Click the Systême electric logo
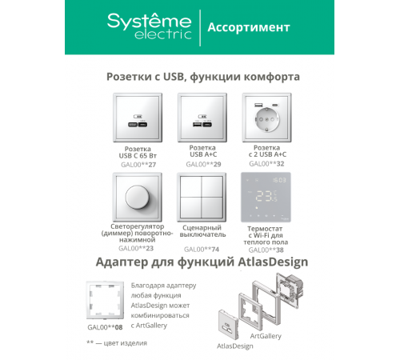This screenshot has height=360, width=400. click(150, 26)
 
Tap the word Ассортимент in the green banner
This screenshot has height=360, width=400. click(249, 27)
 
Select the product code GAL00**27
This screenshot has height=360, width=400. click(138, 165)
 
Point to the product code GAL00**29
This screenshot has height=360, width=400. click(203, 164)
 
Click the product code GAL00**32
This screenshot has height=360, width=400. click(266, 163)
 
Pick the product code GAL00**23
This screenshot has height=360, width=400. click(136, 248)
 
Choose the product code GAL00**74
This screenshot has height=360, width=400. click(202, 250)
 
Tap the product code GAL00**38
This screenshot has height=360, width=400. click(266, 250)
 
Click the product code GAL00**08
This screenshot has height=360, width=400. click(105, 327)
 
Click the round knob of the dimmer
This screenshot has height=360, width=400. click(138, 198)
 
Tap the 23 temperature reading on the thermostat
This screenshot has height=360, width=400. click(264, 196)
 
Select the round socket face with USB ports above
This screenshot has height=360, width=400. click(266, 119)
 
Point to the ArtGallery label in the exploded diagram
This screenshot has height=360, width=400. click(266, 336)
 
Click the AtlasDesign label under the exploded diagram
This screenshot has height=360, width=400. click(235, 346)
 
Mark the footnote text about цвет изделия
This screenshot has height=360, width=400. click(117, 343)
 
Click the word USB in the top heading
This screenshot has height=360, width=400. click(174, 77)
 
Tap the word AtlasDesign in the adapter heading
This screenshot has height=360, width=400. click(273, 262)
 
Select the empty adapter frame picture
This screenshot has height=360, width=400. click(105, 300)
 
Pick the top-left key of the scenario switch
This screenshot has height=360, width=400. click(191, 186)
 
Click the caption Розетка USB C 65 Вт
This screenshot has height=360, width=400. click(138, 152)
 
